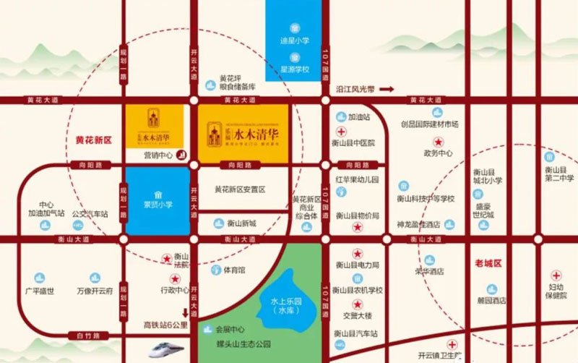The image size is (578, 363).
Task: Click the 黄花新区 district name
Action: coord(94,140)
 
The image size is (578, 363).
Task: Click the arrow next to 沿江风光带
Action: coord(388,89)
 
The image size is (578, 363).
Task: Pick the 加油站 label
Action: coord(358,116)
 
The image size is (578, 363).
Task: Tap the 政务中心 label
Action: coord(438,153)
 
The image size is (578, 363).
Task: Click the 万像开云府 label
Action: coord(96,291)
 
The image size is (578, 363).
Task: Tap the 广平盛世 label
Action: coord(39,291)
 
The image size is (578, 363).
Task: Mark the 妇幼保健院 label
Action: coord(556,291)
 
